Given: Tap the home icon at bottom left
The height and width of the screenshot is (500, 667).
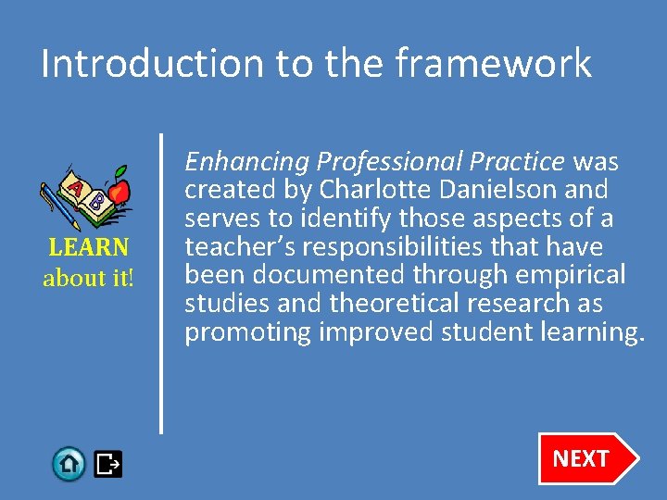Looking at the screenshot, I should click(69, 463).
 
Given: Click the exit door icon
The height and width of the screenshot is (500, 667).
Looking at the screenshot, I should click(108, 463).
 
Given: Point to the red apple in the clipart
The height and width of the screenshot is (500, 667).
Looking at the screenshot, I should click(118, 192).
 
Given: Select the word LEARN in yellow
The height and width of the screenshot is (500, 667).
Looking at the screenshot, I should click(89, 249).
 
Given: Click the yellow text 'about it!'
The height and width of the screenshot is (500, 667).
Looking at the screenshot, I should click(89, 278).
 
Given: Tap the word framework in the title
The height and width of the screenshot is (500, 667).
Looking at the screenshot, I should click(493, 64).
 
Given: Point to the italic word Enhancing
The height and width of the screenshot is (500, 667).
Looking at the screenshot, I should click(246, 163).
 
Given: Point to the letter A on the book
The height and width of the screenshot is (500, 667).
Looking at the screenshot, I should click(74, 188).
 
